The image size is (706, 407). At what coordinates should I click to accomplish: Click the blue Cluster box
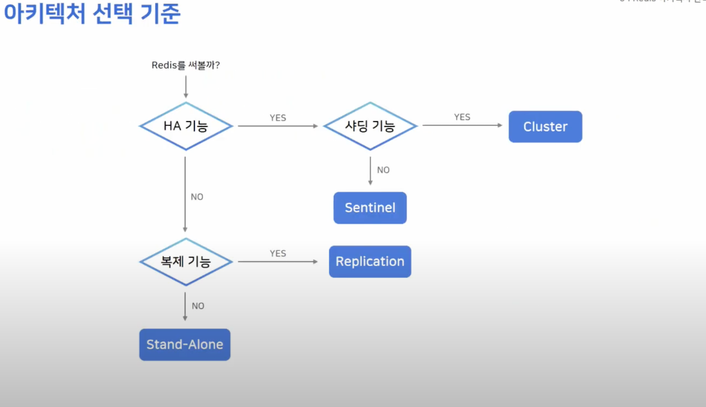[545, 126]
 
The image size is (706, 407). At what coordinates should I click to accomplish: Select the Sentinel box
[370, 207]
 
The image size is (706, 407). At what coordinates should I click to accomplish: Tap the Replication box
[370, 261]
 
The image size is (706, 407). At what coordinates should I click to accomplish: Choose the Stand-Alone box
[185, 344]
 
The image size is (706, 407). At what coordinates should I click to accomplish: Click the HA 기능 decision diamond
[186, 126]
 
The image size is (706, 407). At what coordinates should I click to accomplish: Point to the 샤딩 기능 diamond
[370, 126]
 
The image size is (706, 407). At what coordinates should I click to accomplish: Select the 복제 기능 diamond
[186, 262]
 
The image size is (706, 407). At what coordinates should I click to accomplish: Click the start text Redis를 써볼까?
[186, 65]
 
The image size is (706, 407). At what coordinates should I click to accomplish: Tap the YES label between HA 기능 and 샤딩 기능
[278, 118]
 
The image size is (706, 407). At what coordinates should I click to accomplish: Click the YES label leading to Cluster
[462, 117]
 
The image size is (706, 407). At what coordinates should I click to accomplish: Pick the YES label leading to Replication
[278, 253]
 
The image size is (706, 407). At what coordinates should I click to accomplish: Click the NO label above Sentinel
[383, 170]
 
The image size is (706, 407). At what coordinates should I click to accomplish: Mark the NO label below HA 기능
[197, 197]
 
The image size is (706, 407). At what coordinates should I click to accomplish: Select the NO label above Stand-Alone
[198, 306]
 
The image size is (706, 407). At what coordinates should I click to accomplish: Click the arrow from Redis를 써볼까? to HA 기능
[186, 87]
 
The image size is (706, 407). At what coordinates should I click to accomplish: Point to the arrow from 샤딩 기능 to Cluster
[462, 125]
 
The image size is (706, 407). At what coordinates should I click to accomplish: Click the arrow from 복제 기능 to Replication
[278, 262]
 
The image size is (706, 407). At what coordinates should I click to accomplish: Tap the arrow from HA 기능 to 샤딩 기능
[278, 126]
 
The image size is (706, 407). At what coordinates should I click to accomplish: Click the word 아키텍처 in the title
[45, 13]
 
